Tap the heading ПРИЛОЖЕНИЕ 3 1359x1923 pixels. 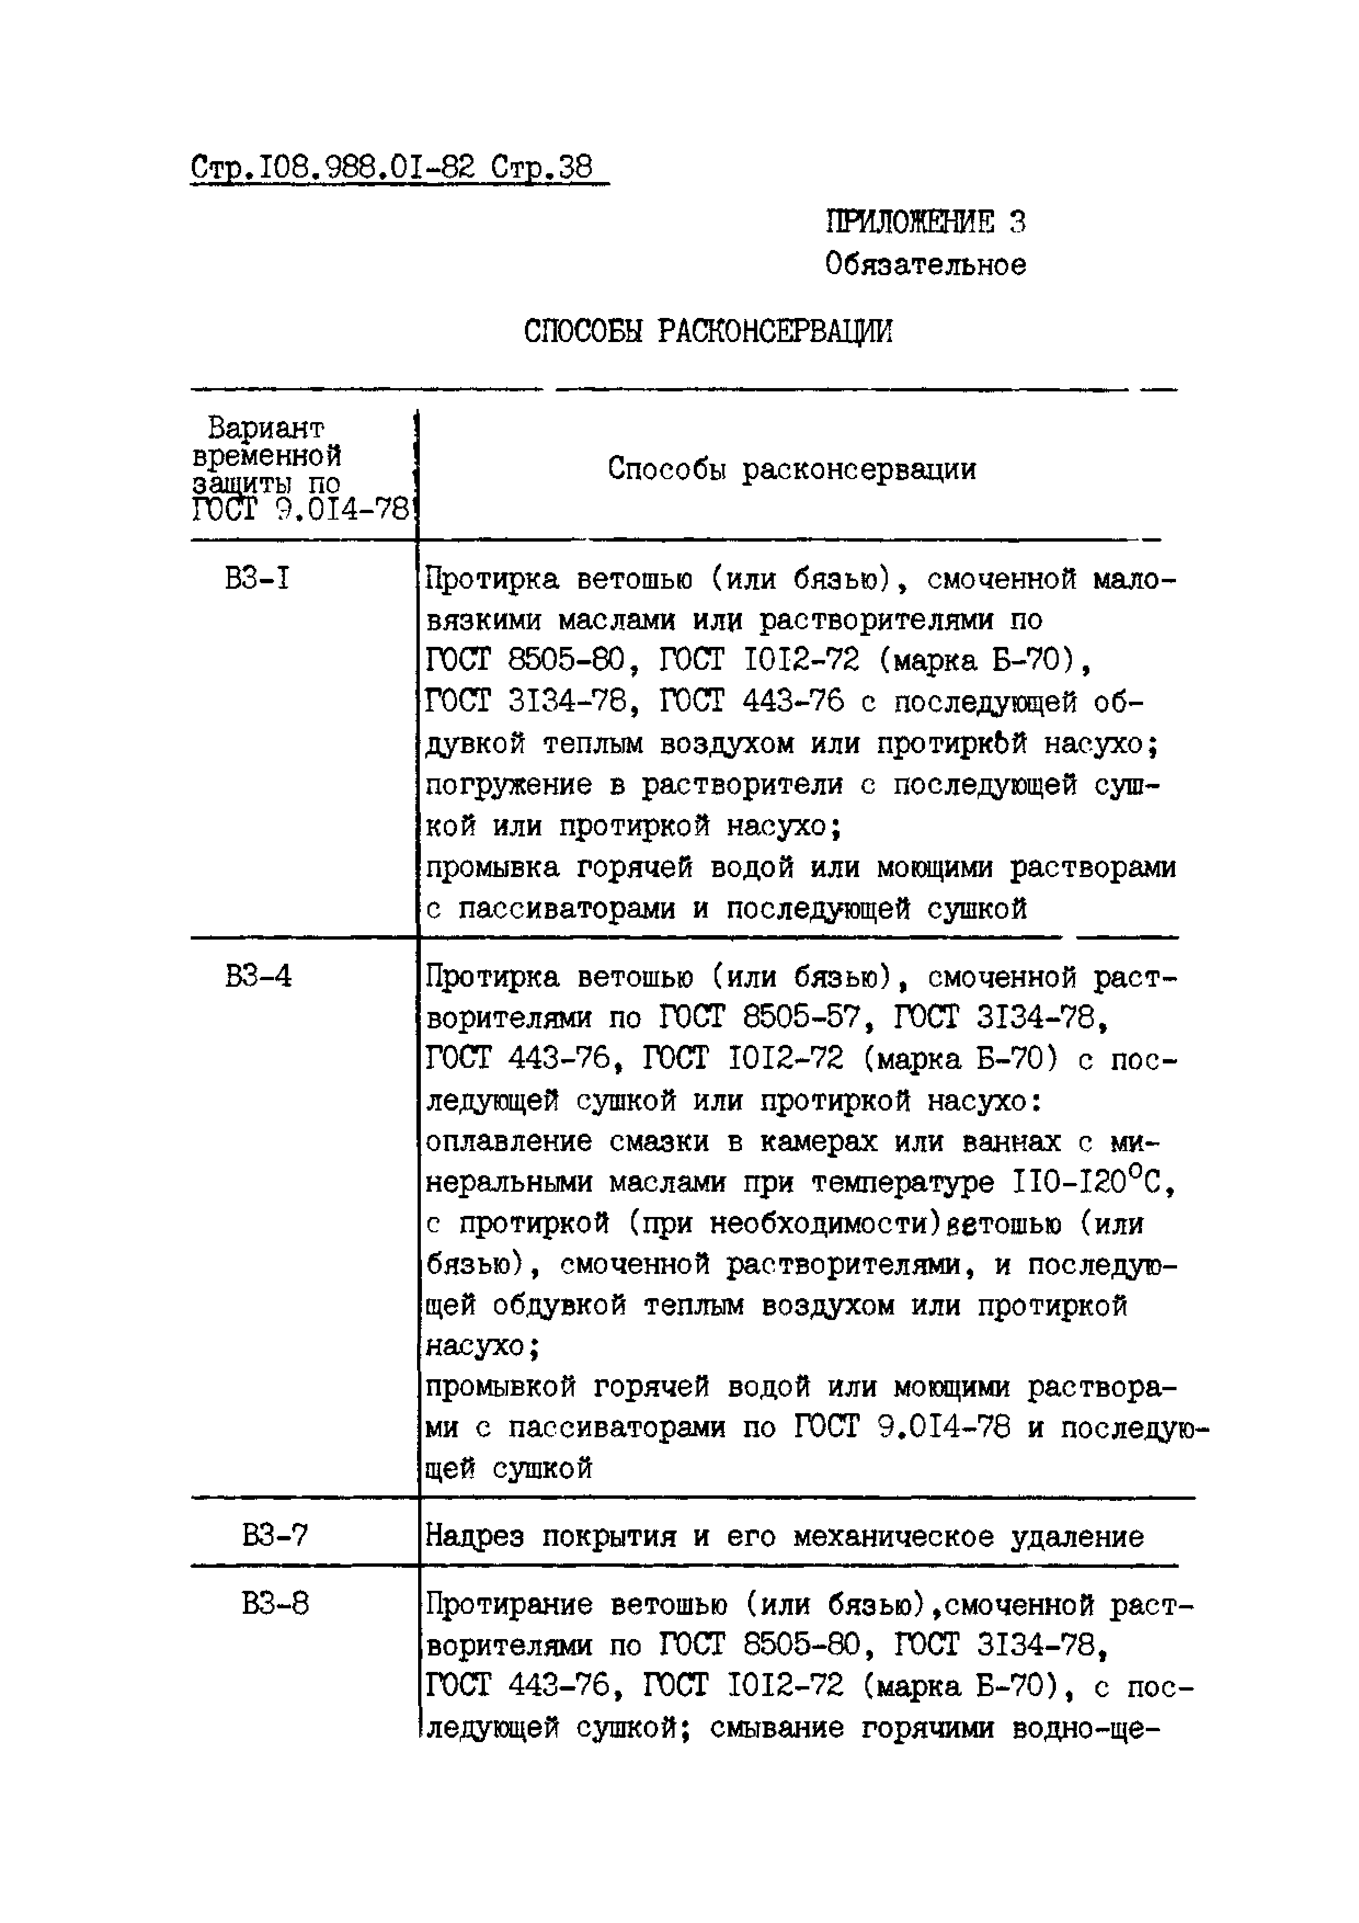click(x=925, y=222)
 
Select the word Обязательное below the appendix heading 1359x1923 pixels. click(x=925, y=265)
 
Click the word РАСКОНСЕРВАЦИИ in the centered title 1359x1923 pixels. click(x=774, y=332)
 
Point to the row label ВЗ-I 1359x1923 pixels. click(x=257, y=579)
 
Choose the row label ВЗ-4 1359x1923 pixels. click(x=258, y=977)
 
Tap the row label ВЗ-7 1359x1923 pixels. click(x=275, y=1535)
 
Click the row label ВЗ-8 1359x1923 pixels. click(x=275, y=1604)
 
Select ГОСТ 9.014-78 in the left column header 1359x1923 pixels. click(x=301, y=508)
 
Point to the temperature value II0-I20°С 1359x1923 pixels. click(x=1094, y=1182)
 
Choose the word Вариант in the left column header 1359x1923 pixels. click(x=265, y=429)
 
